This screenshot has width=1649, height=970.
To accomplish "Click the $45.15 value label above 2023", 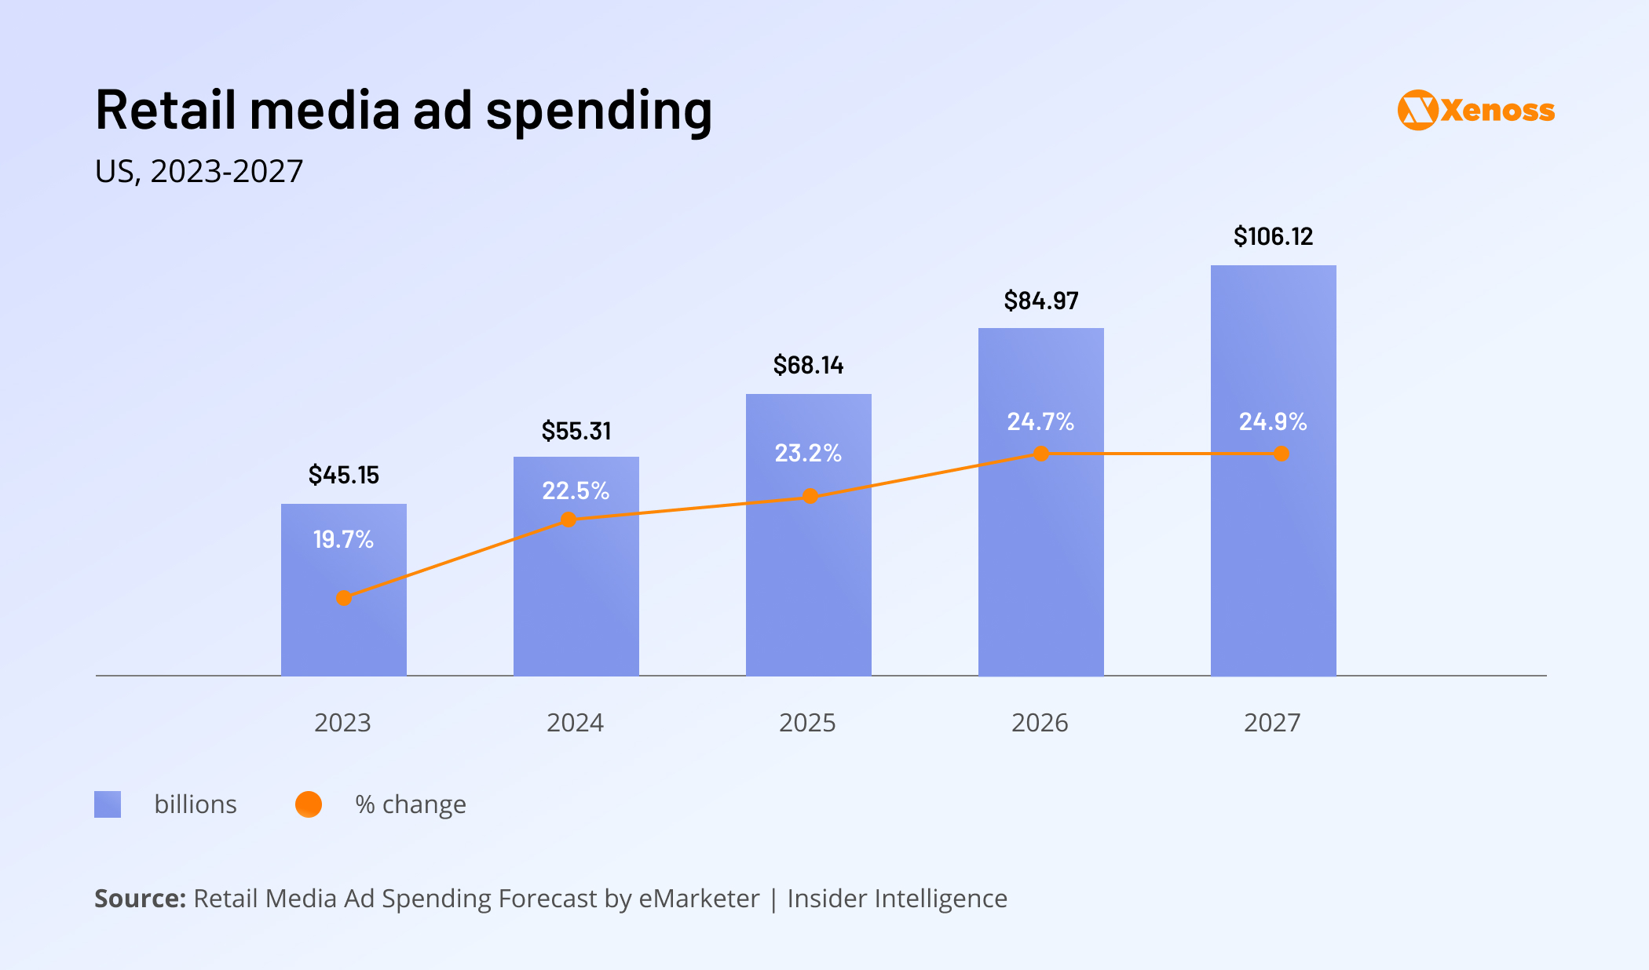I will pyautogui.click(x=343, y=475).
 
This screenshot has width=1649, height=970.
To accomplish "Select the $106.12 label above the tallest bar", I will pyautogui.click(x=1273, y=236).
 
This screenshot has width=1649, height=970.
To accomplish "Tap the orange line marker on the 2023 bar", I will pyautogui.click(x=344, y=598).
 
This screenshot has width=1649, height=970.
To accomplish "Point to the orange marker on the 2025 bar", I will pyautogui.click(x=810, y=496).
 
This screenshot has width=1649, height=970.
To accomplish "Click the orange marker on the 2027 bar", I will pyautogui.click(x=1282, y=454).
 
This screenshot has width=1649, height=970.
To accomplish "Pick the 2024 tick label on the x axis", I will pyautogui.click(x=575, y=722).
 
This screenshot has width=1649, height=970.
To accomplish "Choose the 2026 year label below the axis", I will pyautogui.click(x=1040, y=722).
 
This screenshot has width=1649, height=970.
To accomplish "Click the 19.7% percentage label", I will pyautogui.click(x=343, y=539).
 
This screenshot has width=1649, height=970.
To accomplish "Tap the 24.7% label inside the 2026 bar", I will pyautogui.click(x=1040, y=421).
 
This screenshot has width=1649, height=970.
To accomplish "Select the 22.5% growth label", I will pyautogui.click(x=576, y=490).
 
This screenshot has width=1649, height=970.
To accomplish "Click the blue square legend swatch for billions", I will pyautogui.click(x=108, y=804).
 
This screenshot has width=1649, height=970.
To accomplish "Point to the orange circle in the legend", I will pyautogui.click(x=309, y=804).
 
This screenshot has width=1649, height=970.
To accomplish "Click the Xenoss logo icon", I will pyautogui.click(x=1418, y=110).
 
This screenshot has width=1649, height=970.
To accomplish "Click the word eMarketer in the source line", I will pyautogui.click(x=699, y=899).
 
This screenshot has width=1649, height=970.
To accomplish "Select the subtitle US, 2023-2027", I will pyautogui.click(x=199, y=171).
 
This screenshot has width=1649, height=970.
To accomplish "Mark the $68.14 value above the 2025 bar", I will pyautogui.click(x=808, y=365).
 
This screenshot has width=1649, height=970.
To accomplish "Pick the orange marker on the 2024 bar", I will pyautogui.click(x=569, y=520).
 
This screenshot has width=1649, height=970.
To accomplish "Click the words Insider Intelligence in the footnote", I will pyautogui.click(x=897, y=899).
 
